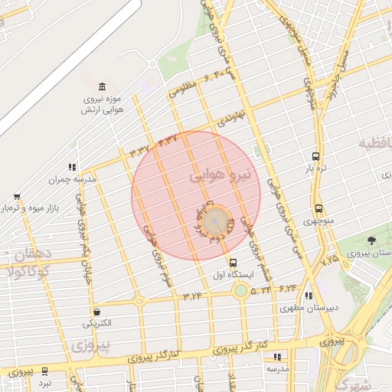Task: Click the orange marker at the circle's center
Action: (x=217, y=221)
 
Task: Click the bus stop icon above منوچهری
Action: (x=318, y=209)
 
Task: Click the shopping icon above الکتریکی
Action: (x=97, y=312)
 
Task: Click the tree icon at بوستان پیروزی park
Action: (x=371, y=241)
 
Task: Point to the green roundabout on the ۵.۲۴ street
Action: (x=241, y=290)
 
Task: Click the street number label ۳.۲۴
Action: (x=191, y=295)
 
